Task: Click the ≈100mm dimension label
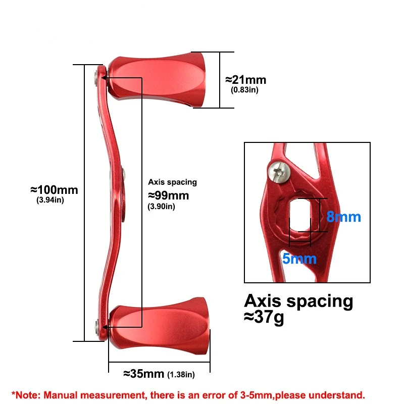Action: [55, 190]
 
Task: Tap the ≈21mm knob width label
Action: [245, 80]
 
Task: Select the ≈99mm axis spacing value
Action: [168, 195]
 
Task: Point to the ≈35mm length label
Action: [144, 374]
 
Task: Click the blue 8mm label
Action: [343, 217]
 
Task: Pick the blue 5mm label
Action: [299, 259]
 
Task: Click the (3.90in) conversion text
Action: [161, 206]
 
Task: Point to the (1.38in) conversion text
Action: [181, 375]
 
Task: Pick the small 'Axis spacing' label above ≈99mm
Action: [172, 182]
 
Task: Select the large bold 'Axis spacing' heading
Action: [298, 301]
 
